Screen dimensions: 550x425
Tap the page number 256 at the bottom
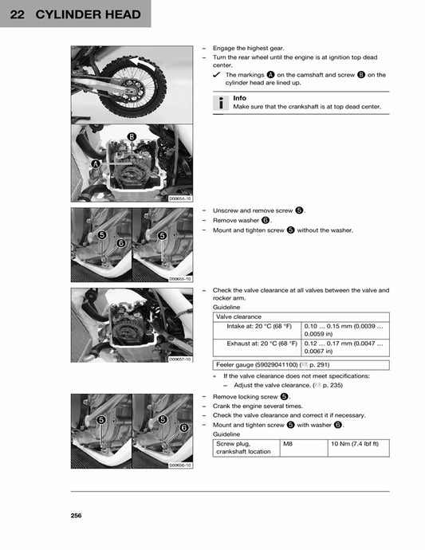point(76,516)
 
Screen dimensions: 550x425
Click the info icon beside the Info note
point(221,102)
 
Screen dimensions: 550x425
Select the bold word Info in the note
point(239,98)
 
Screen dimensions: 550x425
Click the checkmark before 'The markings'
point(217,75)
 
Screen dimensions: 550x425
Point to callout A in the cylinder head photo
point(95,163)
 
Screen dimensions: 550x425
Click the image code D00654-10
point(179,198)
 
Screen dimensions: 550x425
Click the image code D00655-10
point(179,279)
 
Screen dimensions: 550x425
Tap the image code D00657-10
point(179,359)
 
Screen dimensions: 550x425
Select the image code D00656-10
point(179,464)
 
